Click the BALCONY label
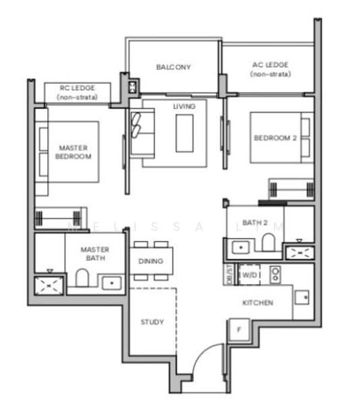tap(173, 67)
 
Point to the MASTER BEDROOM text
tap(73, 151)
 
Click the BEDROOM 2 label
tap(274, 138)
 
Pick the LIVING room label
tap(184, 107)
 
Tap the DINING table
tap(152, 261)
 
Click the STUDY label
tap(152, 322)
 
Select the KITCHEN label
tap(258, 303)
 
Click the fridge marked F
tap(238, 331)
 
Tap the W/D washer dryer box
tap(249, 275)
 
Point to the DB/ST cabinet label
tap(228, 275)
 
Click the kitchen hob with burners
tap(275, 274)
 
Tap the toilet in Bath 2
tap(268, 243)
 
